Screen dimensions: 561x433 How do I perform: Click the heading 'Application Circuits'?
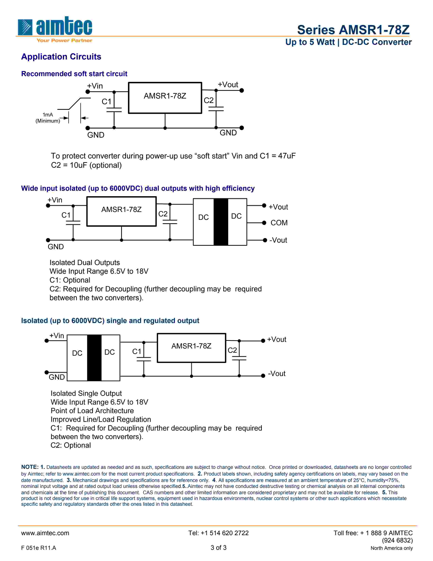click(x=61, y=56)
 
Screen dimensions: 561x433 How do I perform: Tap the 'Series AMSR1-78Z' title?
click(x=353, y=30)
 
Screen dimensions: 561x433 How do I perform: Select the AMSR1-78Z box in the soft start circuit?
click(x=165, y=98)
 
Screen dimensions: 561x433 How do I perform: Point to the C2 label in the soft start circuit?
click(x=209, y=100)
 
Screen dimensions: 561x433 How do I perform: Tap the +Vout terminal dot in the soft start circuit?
click(x=242, y=90)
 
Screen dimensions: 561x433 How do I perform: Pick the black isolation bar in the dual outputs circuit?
click(x=221, y=222)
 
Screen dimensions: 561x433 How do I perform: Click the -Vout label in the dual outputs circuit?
click(x=278, y=240)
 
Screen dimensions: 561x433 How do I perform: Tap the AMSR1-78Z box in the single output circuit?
click(x=191, y=348)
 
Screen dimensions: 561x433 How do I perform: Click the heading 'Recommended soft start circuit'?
click(x=74, y=74)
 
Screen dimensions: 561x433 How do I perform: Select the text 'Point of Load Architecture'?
click(x=92, y=411)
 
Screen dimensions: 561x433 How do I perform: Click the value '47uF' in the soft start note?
click(x=287, y=156)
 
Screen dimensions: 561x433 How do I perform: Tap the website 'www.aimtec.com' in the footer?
click(x=45, y=533)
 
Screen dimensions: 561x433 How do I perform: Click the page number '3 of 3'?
click(x=218, y=548)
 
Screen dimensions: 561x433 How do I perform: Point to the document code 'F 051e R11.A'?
click(x=39, y=548)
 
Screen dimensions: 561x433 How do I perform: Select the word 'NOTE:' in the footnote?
click(x=30, y=467)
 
